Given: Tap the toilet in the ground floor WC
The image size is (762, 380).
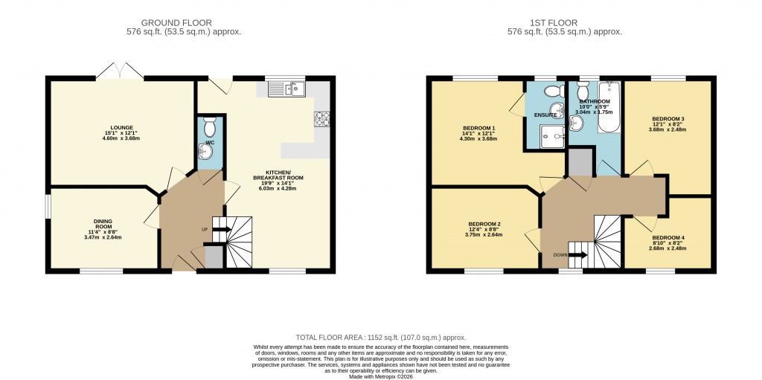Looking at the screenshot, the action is click(210, 127).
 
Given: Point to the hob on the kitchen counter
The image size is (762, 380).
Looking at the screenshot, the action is click(321, 118).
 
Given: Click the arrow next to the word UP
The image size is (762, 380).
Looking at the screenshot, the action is click(222, 229).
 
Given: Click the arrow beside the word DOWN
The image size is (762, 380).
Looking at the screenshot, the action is click(577, 254).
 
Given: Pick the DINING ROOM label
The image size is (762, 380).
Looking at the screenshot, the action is click(104, 224).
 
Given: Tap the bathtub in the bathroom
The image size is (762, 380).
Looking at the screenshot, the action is click(609, 107).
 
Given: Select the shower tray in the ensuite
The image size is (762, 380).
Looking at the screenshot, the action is click(551, 136).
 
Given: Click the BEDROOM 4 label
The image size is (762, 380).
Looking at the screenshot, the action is click(668, 238).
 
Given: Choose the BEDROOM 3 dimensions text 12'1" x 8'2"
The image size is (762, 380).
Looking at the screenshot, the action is click(669, 124).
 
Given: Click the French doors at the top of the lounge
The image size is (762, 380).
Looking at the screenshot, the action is click(120, 71).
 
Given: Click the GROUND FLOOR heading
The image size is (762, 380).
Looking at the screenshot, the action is click(176, 23).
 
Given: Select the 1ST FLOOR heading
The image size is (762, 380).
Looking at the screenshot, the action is click(554, 23).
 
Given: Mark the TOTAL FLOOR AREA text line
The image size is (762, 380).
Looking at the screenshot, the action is click(381, 337).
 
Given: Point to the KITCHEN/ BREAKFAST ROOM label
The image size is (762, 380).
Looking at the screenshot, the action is click(278, 175).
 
